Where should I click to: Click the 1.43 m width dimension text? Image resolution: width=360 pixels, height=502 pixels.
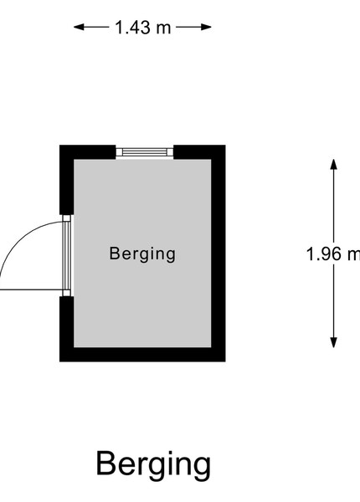[143, 28]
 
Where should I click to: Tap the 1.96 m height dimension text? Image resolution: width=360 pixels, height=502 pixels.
[333, 254]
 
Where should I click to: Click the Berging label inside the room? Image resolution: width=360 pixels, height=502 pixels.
[142, 254]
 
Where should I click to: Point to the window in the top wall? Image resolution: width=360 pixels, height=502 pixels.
[145, 152]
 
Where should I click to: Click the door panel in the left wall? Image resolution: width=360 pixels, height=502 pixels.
[67, 255]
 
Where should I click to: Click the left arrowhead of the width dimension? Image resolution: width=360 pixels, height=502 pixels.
[79, 28]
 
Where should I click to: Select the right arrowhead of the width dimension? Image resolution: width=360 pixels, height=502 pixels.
[206, 28]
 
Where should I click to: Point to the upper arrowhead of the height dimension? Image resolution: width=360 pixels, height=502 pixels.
[334, 164]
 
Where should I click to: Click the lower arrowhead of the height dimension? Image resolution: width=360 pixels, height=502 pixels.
[334, 342]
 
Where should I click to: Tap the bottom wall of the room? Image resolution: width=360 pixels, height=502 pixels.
[142, 355]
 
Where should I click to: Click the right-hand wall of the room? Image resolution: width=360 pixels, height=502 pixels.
[219, 254]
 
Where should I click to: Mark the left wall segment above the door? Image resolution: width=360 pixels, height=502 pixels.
[67, 180]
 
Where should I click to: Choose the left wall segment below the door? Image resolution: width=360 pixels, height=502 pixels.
[67, 329]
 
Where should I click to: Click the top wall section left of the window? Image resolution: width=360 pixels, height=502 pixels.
[88, 152]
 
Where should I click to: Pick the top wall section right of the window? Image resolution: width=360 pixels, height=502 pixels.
[199, 152]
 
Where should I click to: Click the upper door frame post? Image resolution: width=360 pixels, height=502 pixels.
[67, 218]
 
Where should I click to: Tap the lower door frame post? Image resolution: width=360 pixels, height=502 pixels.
[67, 293]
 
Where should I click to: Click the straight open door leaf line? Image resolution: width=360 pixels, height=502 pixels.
[31, 290]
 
